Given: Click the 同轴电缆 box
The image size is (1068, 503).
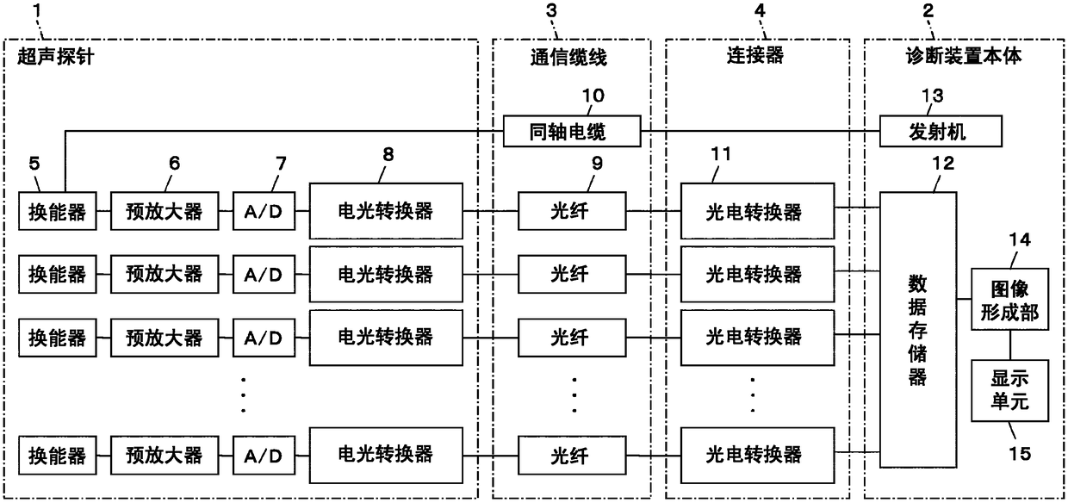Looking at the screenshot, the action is pyautogui.click(x=572, y=131).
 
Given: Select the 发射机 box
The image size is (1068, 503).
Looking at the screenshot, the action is pyautogui.click(x=941, y=131).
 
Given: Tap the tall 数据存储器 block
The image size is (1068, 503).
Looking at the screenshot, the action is pyautogui.click(x=918, y=330).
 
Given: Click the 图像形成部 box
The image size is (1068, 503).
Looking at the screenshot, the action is pyautogui.click(x=1009, y=299).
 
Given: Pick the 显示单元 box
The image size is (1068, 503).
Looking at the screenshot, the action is pyautogui.click(x=1009, y=390).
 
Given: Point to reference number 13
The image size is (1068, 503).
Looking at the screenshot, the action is pyautogui.click(x=932, y=96).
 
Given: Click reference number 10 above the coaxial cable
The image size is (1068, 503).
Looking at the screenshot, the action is pyautogui.click(x=593, y=96).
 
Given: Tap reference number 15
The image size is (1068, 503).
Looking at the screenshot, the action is pyautogui.click(x=1020, y=453).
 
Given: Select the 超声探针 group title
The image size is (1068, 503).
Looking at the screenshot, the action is pyautogui.click(x=56, y=57).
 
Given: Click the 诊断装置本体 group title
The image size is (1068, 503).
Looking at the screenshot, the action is pyautogui.click(x=964, y=56).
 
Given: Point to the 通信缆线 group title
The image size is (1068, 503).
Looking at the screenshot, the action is pyautogui.click(x=568, y=57).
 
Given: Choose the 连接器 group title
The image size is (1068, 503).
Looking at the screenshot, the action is pyautogui.click(x=755, y=55).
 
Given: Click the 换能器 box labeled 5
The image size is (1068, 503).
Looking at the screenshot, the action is pyautogui.click(x=57, y=211).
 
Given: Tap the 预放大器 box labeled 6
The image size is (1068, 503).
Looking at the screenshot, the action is pyautogui.click(x=165, y=211).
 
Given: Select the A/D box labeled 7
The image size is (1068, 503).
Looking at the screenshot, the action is pyautogui.click(x=264, y=211).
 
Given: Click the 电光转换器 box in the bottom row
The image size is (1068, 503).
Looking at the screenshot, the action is pyautogui.click(x=386, y=456).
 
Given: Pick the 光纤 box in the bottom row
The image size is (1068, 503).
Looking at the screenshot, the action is pyautogui.click(x=572, y=456).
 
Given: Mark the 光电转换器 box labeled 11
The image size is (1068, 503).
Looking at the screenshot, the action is pyautogui.click(x=757, y=211).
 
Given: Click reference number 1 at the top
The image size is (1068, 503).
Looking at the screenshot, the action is pyautogui.click(x=38, y=10).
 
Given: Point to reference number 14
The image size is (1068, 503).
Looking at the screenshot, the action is pyautogui.click(x=1020, y=239).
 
